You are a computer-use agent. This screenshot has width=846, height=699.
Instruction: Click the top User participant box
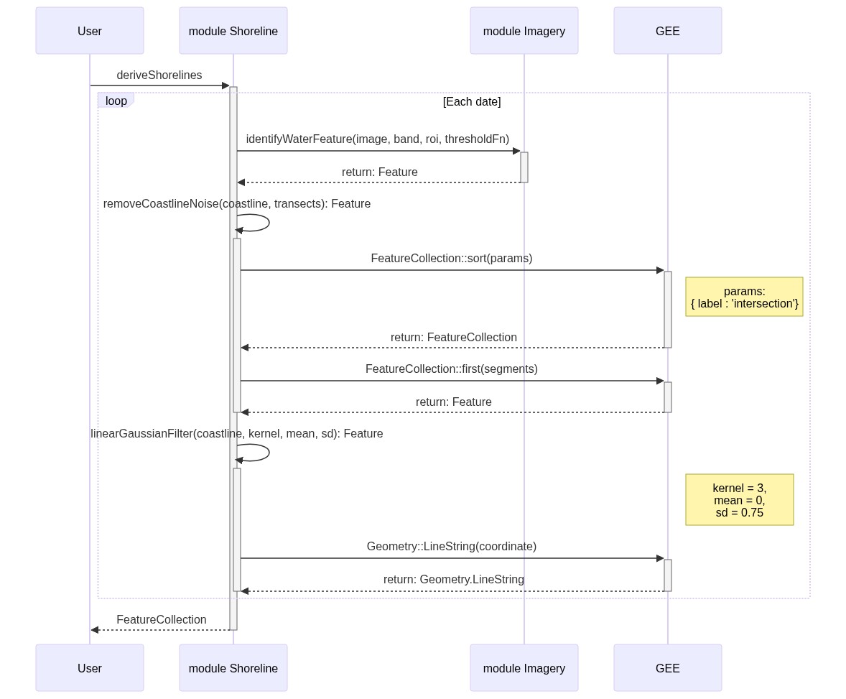coord(90,31)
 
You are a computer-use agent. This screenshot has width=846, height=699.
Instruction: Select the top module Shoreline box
coord(233,31)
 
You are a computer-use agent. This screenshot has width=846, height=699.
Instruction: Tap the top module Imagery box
coord(524,31)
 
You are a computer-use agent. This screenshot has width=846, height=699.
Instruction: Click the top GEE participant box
coord(668,31)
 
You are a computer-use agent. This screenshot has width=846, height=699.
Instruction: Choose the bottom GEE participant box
coord(668,668)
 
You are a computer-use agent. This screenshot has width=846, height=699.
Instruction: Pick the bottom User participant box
coord(90,668)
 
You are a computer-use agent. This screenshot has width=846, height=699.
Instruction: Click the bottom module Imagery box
coord(524,668)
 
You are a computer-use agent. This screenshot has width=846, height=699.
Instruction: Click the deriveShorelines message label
coord(159,75)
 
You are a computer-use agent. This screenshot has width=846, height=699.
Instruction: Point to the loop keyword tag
coord(116,101)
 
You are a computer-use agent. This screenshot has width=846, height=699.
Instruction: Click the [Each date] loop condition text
coord(472,102)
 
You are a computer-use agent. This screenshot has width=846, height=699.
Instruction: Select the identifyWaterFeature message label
coord(378,139)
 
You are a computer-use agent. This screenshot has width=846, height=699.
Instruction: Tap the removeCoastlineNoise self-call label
coord(237,204)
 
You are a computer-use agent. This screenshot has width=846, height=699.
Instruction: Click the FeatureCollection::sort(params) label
coord(452,259)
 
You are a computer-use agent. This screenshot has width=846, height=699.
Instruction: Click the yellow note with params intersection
coord(744,297)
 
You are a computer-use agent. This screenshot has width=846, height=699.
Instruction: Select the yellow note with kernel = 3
coord(740,500)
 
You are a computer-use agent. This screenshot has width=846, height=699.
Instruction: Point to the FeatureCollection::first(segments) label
coord(452,369)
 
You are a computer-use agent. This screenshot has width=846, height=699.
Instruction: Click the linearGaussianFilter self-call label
coord(237,434)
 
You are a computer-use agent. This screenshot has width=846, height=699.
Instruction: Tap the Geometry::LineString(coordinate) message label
coord(452,547)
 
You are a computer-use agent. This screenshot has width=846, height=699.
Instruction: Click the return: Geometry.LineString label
coord(454,580)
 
